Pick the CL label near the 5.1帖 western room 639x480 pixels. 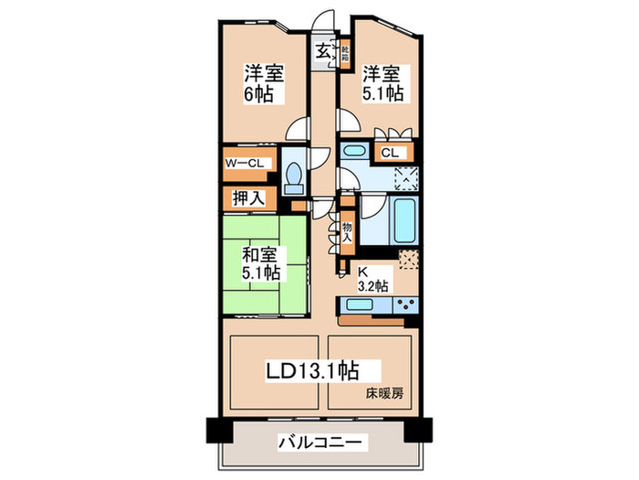[x=389, y=153]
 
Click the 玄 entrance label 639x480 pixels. [x=324, y=51]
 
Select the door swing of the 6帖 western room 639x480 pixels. [x=296, y=131]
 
